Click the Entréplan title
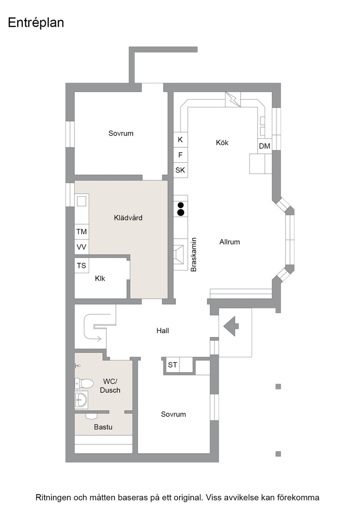coord(36,23)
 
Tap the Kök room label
coord(222,143)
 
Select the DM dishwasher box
coord(265,146)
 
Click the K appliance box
coord(180,140)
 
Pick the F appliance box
coord(180,155)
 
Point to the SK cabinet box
coord(180,170)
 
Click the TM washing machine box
coord(81,232)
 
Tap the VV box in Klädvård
coord(81,247)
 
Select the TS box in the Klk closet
coord(81,265)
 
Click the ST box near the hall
coord(172,365)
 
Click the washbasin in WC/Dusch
coord(81,399)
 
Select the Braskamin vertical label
coord(194,254)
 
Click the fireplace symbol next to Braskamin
coord(179,254)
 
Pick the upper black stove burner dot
coord(180,205)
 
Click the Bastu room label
coord(103,427)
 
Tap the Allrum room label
coord(230,242)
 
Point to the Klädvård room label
coord(128,218)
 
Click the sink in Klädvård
coord(81,201)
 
